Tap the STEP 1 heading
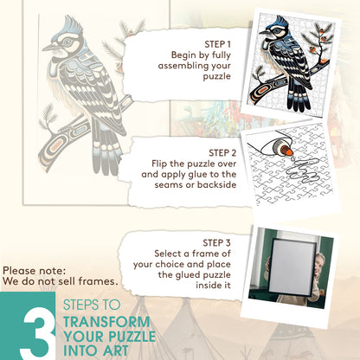coord(218,43)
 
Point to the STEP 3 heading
coord(216,241)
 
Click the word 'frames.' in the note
coord(97,281)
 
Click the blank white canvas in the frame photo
coord(282,267)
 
